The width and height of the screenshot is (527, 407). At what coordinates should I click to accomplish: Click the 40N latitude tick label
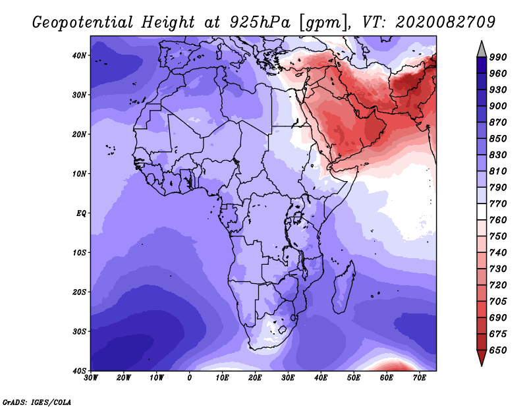click(79, 55)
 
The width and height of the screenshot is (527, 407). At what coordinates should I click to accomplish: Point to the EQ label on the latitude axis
click(81, 213)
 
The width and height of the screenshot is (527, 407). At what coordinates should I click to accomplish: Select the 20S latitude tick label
click(79, 292)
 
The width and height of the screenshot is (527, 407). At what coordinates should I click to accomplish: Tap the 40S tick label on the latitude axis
click(79, 371)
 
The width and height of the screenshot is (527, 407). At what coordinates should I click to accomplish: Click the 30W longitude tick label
click(91, 378)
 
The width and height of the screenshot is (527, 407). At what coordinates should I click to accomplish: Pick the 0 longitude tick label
click(190, 378)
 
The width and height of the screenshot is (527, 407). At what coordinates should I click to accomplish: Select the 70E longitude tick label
click(419, 378)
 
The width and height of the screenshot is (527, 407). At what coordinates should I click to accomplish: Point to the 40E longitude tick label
click(321, 378)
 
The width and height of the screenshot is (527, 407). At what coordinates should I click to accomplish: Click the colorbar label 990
click(498, 57)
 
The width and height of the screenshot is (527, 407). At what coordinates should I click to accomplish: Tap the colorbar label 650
click(498, 350)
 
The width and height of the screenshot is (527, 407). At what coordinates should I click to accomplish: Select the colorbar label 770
click(498, 203)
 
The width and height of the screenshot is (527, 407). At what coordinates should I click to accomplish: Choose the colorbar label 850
click(498, 138)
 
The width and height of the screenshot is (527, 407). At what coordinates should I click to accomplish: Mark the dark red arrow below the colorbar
click(482, 356)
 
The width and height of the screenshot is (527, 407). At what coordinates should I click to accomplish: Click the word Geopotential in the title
click(83, 23)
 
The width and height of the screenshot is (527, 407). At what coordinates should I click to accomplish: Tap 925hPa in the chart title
click(260, 22)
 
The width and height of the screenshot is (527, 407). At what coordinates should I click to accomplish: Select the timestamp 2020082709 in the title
click(445, 22)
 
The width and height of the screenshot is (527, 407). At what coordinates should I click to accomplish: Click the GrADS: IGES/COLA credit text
click(37, 402)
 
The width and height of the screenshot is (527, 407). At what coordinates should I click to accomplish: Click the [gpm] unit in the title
click(323, 23)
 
